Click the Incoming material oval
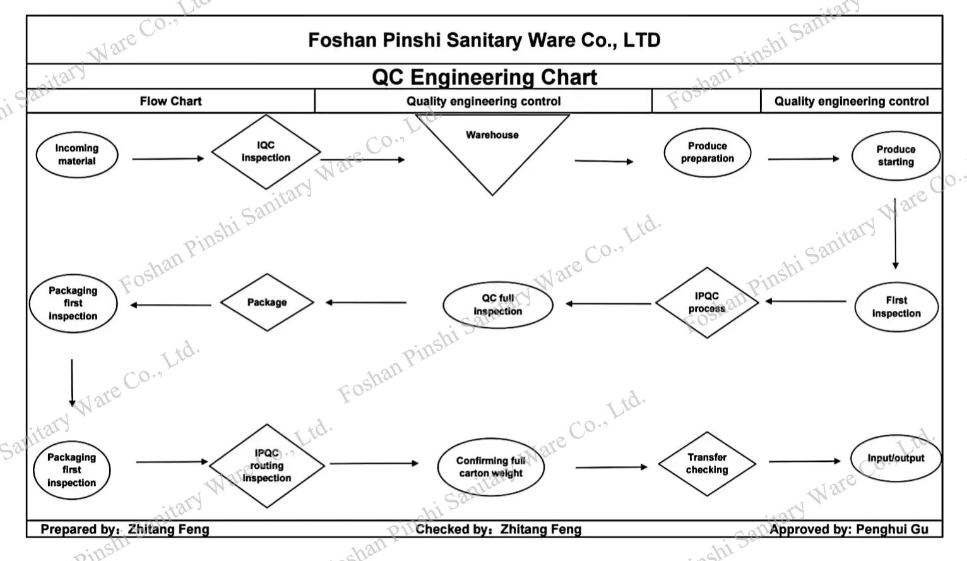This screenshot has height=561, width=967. pyautogui.click(x=77, y=155)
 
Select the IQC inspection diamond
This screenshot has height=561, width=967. pyautogui.click(x=266, y=152)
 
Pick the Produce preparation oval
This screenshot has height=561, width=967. pyautogui.click(x=707, y=153)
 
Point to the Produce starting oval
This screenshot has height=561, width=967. pyautogui.click(x=895, y=155)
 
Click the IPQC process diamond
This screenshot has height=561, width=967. pyautogui.click(x=706, y=303)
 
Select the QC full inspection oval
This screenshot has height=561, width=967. pyautogui.click(x=498, y=305)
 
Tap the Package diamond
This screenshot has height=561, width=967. pyautogui.click(x=267, y=303)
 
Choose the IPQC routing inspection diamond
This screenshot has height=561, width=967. pyautogui.click(x=267, y=466)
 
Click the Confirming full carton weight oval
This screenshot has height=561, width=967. pyautogui.click(x=491, y=468)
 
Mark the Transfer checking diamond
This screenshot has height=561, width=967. pyautogui.click(x=707, y=464)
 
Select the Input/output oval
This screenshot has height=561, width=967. pyautogui.click(x=895, y=459)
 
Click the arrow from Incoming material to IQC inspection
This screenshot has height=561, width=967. pyautogui.click(x=168, y=159)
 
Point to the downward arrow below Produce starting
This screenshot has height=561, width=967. pyautogui.click(x=895, y=233)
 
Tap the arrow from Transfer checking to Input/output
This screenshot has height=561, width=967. pyautogui.click(x=804, y=462)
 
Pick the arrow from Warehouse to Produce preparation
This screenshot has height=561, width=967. pyautogui.click(x=603, y=161)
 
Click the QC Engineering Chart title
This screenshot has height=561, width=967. pyautogui.click(x=484, y=77)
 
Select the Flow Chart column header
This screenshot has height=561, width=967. pyautogui.click(x=170, y=101)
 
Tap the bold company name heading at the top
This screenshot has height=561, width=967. pyautogui.click(x=484, y=40)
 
